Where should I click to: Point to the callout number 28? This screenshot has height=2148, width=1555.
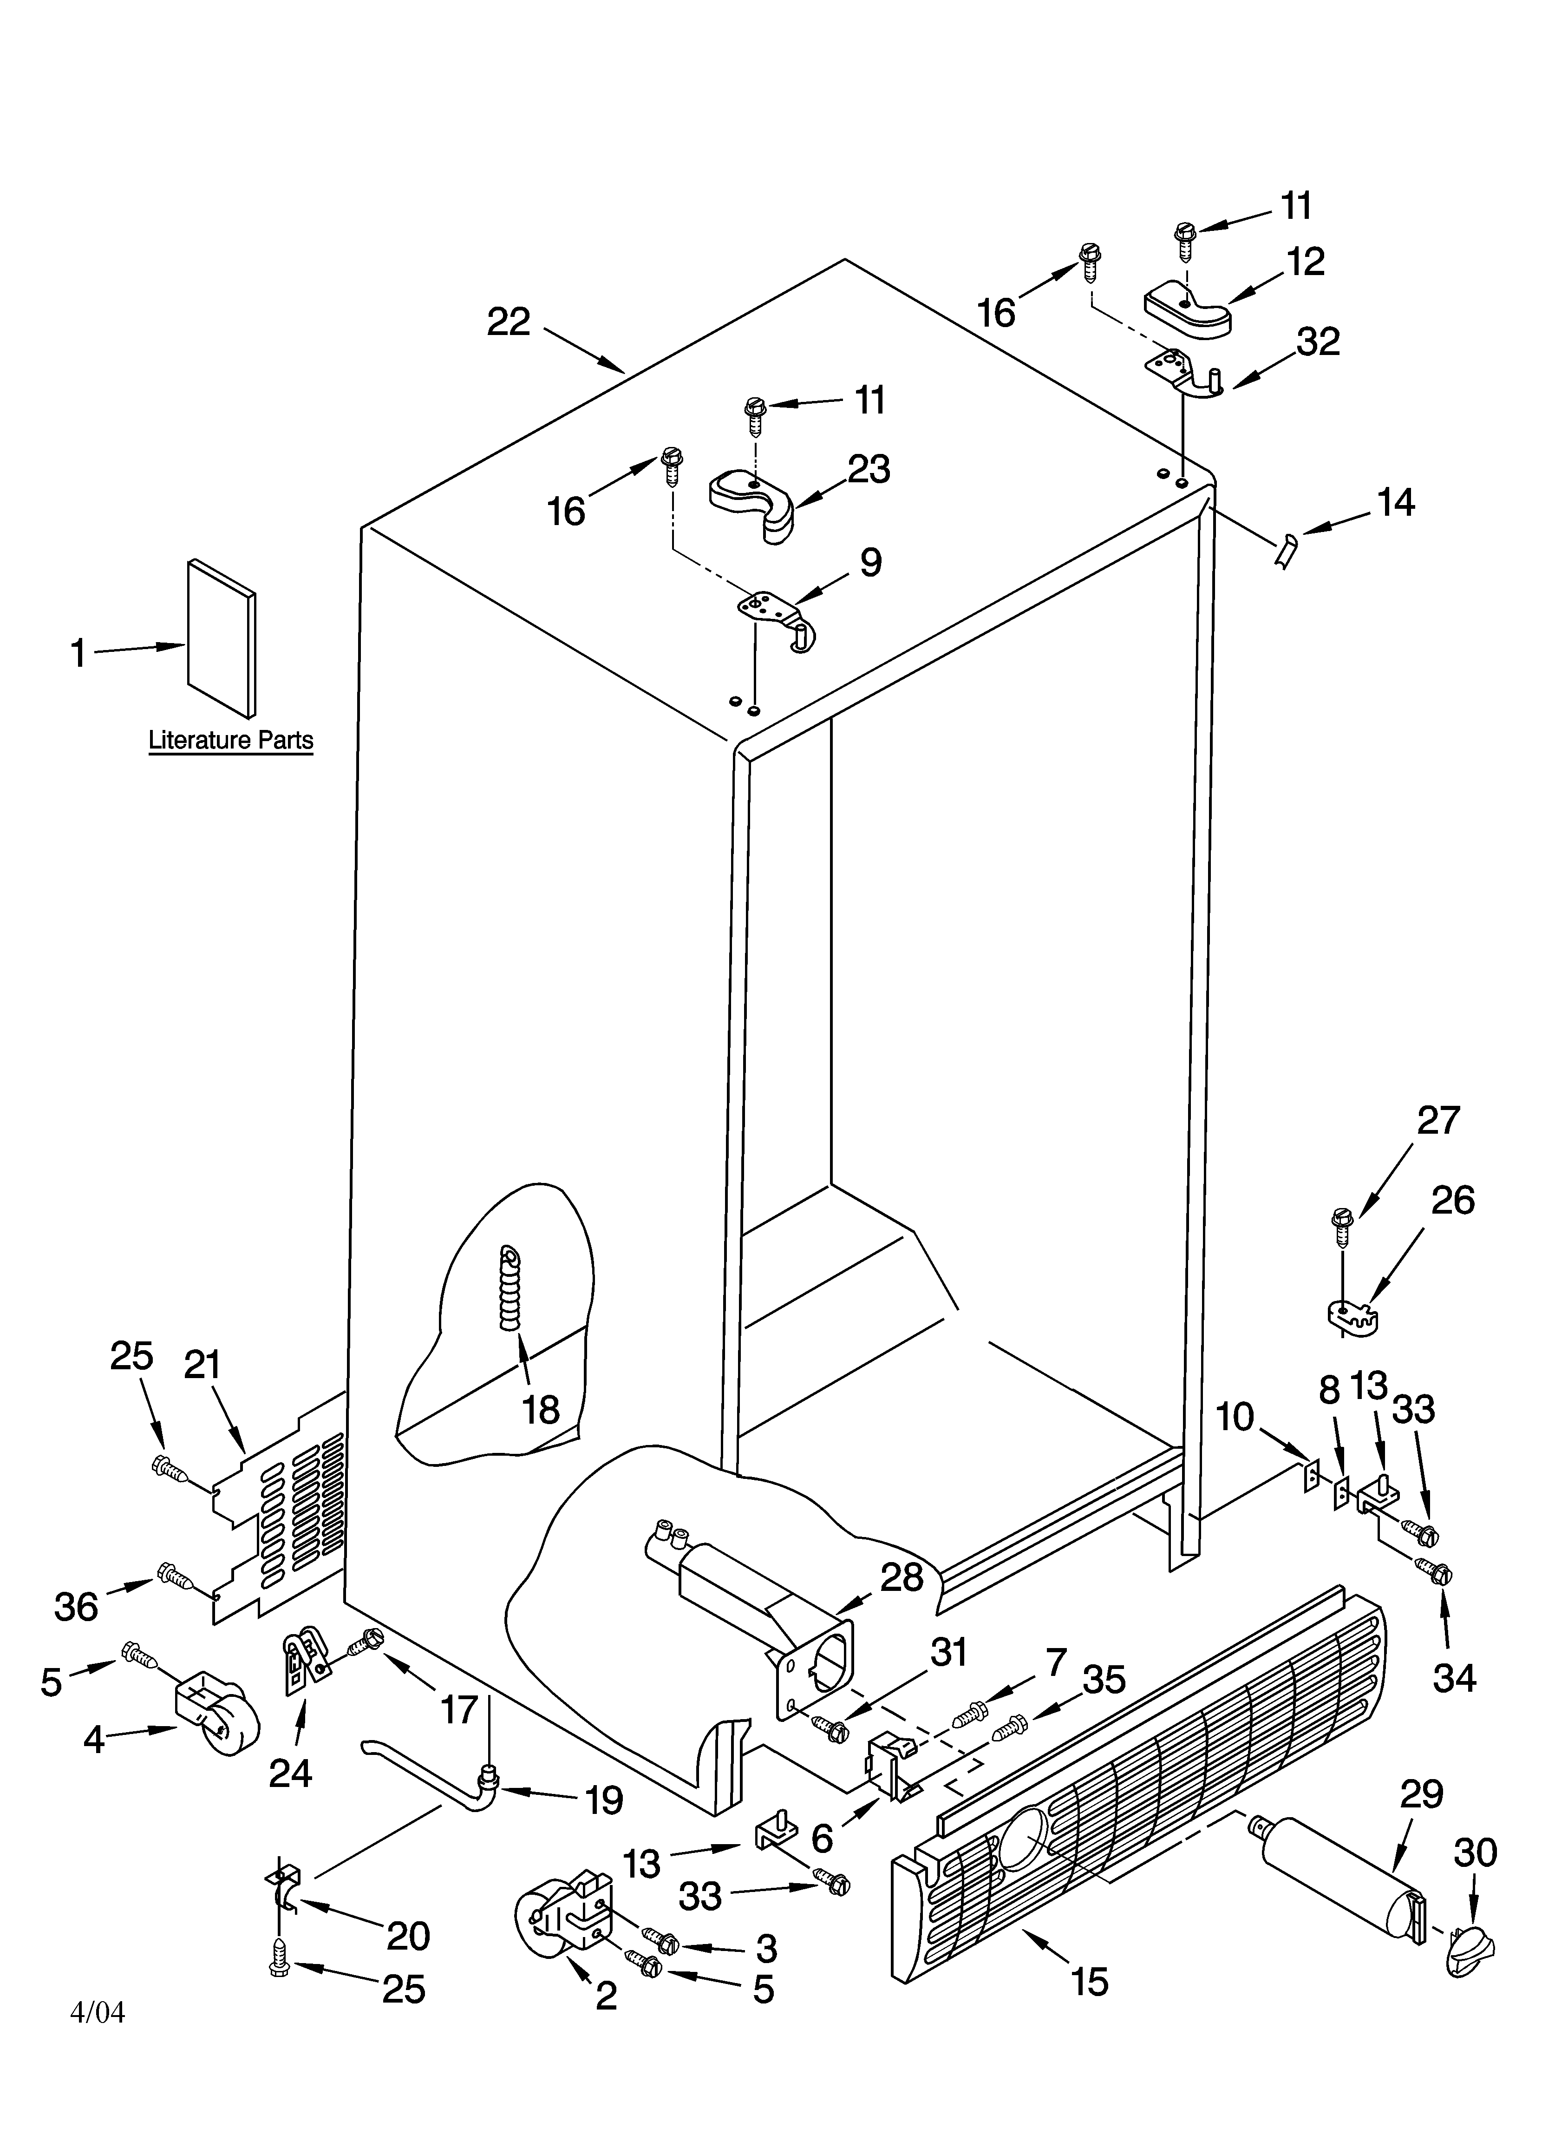click(901, 1577)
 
